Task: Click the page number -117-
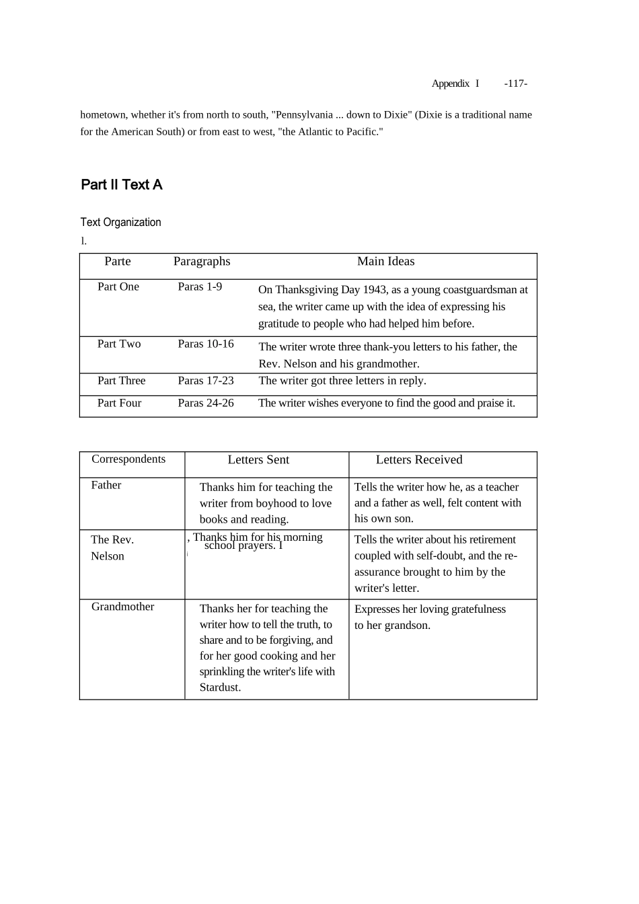click(515, 83)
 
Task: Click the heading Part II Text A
click(122, 185)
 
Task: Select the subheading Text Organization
click(120, 223)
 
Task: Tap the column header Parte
click(118, 262)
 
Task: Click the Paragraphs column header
click(202, 262)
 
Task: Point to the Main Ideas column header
click(385, 262)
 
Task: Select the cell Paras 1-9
click(200, 287)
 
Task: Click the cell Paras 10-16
click(206, 344)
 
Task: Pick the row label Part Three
click(121, 381)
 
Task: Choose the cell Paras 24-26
click(206, 404)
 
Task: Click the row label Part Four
click(119, 404)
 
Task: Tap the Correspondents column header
click(128, 459)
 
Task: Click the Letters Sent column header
click(258, 460)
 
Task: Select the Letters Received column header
click(419, 460)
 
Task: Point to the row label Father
click(106, 486)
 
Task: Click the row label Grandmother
click(122, 607)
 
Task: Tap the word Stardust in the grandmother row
click(219, 687)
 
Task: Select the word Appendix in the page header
click(450, 83)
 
